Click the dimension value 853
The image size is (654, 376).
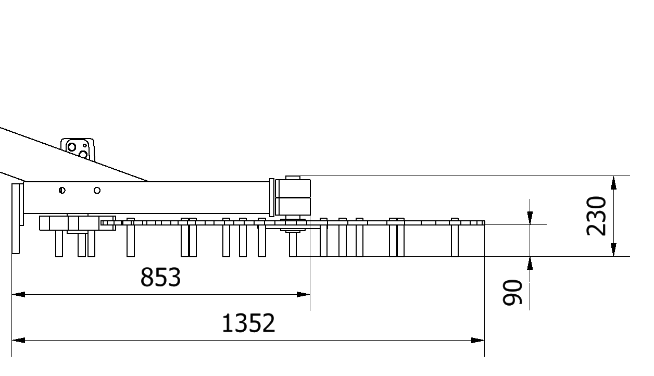[x=160, y=278]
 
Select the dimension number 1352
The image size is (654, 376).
[x=248, y=323]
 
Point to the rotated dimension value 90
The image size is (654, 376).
[x=513, y=292]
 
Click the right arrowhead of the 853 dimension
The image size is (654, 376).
[x=304, y=294]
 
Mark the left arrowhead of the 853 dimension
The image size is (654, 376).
[x=18, y=294]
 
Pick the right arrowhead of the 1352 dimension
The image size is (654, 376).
[x=478, y=340]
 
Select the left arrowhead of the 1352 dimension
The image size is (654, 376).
[x=18, y=340]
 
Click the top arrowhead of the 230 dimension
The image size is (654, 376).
[x=614, y=183]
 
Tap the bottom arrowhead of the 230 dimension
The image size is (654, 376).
[x=614, y=249]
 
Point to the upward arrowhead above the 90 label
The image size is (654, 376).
[x=530, y=263]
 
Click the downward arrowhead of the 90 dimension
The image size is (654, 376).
[x=530, y=218]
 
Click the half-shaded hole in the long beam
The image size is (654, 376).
[x=62, y=190]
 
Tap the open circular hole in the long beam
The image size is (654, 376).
[x=97, y=190]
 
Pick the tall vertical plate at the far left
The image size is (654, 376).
[x=16, y=218]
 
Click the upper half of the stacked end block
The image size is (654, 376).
[x=293, y=189]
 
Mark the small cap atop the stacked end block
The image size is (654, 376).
[x=293, y=178]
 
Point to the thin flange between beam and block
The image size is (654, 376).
[x=272, y=197]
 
